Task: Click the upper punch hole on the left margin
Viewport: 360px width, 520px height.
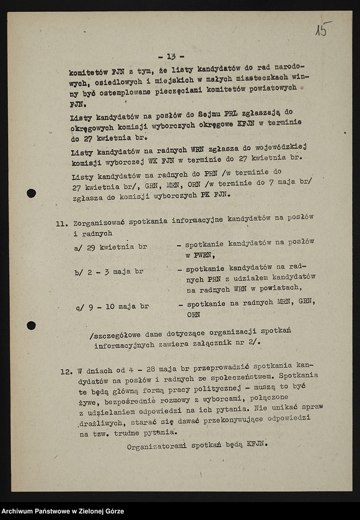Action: [31, 193]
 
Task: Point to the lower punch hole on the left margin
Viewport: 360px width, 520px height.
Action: [31, 326]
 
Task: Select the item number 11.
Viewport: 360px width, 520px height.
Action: [62, 224]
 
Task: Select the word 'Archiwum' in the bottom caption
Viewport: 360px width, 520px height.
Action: [20, 511]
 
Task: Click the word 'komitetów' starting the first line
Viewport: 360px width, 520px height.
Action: [89, 72]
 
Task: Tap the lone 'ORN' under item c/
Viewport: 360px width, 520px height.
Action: [193, 314]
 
